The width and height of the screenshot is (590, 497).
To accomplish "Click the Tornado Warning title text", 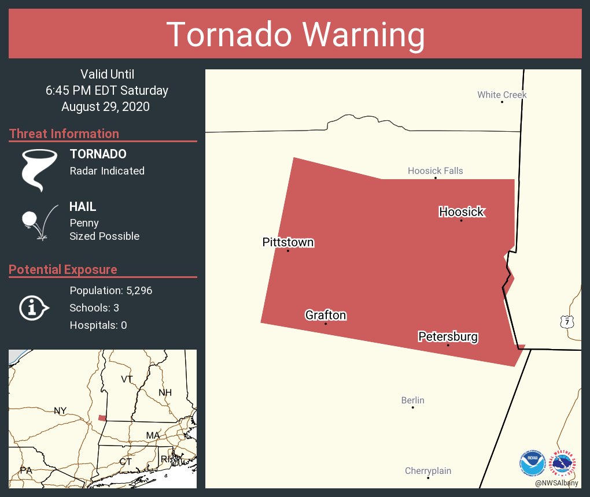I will [x=295, y=35].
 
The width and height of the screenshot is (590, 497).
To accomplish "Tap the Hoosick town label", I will [x=461, y=212].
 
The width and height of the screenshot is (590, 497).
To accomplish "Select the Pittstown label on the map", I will [x=288, y=242].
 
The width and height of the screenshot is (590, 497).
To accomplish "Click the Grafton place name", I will [x=326, y=315].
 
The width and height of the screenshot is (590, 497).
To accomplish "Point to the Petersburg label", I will [x=448, y=336].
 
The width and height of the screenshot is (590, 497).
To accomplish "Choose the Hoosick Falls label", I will [x=435, y=170].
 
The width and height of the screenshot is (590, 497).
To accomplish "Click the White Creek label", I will [x=502, y=95].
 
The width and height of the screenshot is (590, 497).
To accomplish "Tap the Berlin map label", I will [x=412, y=400].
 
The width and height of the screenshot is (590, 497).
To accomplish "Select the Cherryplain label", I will [x=427, y=471].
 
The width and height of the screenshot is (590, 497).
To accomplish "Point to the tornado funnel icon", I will [x=40, y=169].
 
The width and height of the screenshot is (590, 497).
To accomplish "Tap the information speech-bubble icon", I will [x=34, y=308].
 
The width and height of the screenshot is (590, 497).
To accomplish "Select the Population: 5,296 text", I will [x=110, y=291].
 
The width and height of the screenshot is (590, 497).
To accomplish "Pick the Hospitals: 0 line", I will [x=98, y=325].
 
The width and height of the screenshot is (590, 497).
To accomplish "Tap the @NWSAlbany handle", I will [x=556, y=483].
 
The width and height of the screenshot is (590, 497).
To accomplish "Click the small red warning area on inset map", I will [x=102, y=418].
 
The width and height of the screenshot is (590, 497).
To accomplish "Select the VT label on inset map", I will [x=127, y=379].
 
